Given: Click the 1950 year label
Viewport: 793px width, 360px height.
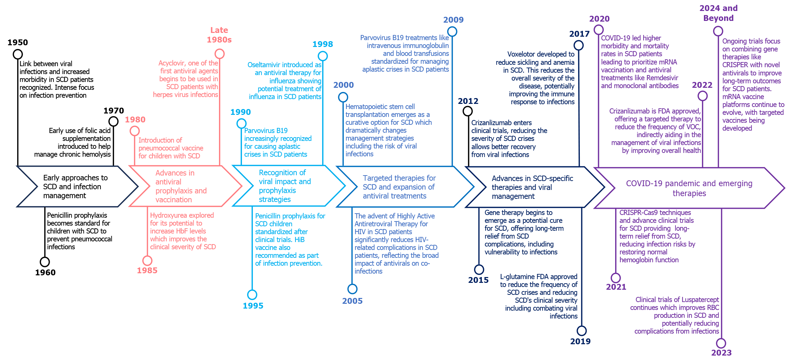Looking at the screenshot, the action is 18,43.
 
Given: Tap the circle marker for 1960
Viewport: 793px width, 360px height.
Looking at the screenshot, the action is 45,262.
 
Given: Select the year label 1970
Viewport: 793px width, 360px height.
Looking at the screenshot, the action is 114,111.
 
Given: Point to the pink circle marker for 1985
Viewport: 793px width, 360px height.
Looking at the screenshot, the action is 147,261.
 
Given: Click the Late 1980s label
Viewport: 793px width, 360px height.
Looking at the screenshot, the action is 219,35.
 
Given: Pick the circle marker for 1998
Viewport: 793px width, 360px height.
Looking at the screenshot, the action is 323,56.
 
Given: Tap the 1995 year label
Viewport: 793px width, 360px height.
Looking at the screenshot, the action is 253,306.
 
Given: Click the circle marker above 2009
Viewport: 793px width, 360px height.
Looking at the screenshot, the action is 452,32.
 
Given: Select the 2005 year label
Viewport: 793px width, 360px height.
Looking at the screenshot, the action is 352,301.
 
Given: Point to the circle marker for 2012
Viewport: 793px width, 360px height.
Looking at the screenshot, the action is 468,111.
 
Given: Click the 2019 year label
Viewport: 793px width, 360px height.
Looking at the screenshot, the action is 581,341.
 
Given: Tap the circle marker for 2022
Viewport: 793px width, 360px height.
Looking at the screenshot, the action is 703,96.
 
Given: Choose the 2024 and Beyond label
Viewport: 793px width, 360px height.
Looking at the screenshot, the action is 719,13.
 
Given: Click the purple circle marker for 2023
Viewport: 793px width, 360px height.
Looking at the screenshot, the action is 721,343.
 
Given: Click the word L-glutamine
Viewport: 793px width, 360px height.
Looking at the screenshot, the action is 516,277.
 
